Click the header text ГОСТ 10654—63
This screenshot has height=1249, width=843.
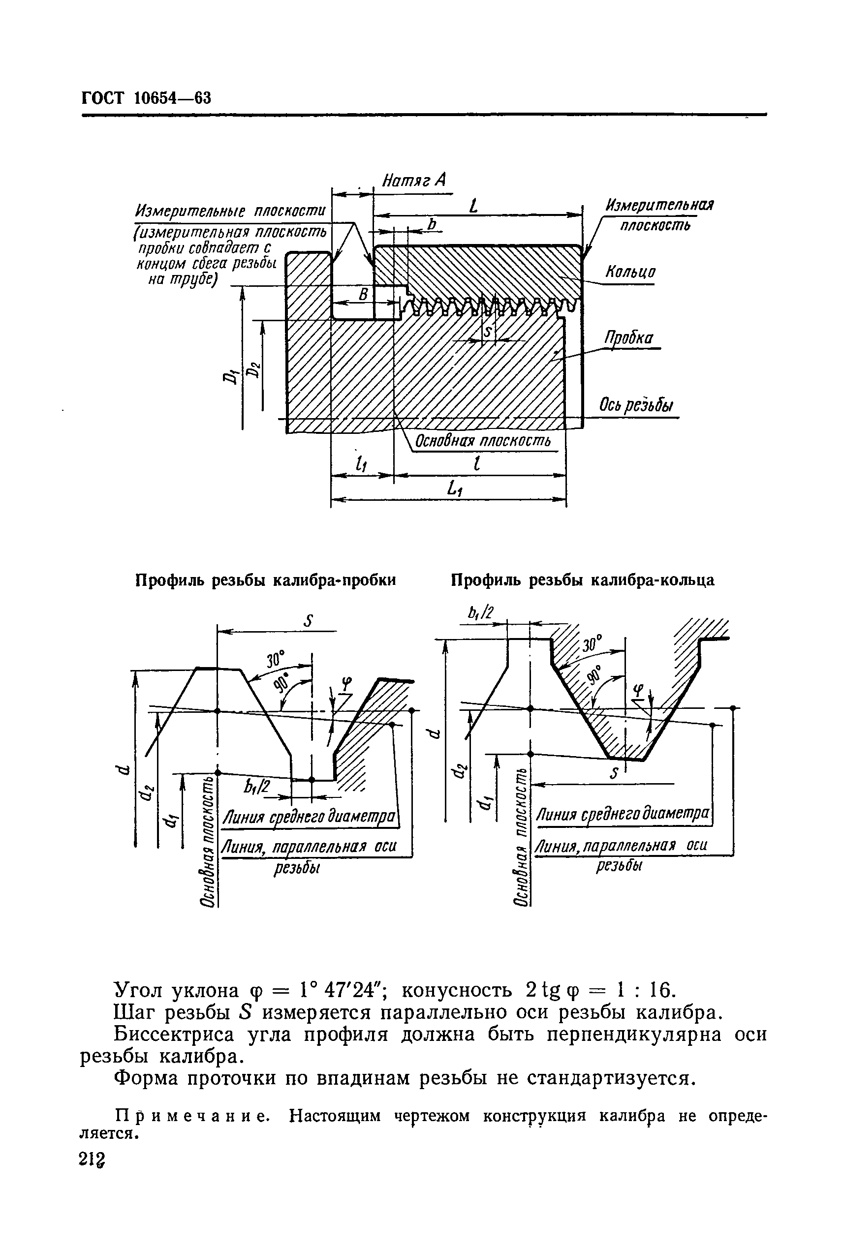(x=146, y=98)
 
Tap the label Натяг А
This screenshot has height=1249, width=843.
(x=413, y=180)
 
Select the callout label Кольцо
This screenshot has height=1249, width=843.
(x=630, y=272)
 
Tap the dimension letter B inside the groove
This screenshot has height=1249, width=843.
(x=364, y=294)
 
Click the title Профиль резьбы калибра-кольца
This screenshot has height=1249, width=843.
(x=582, y=580)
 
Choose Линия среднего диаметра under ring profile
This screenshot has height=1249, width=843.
(x=623, y=815)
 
